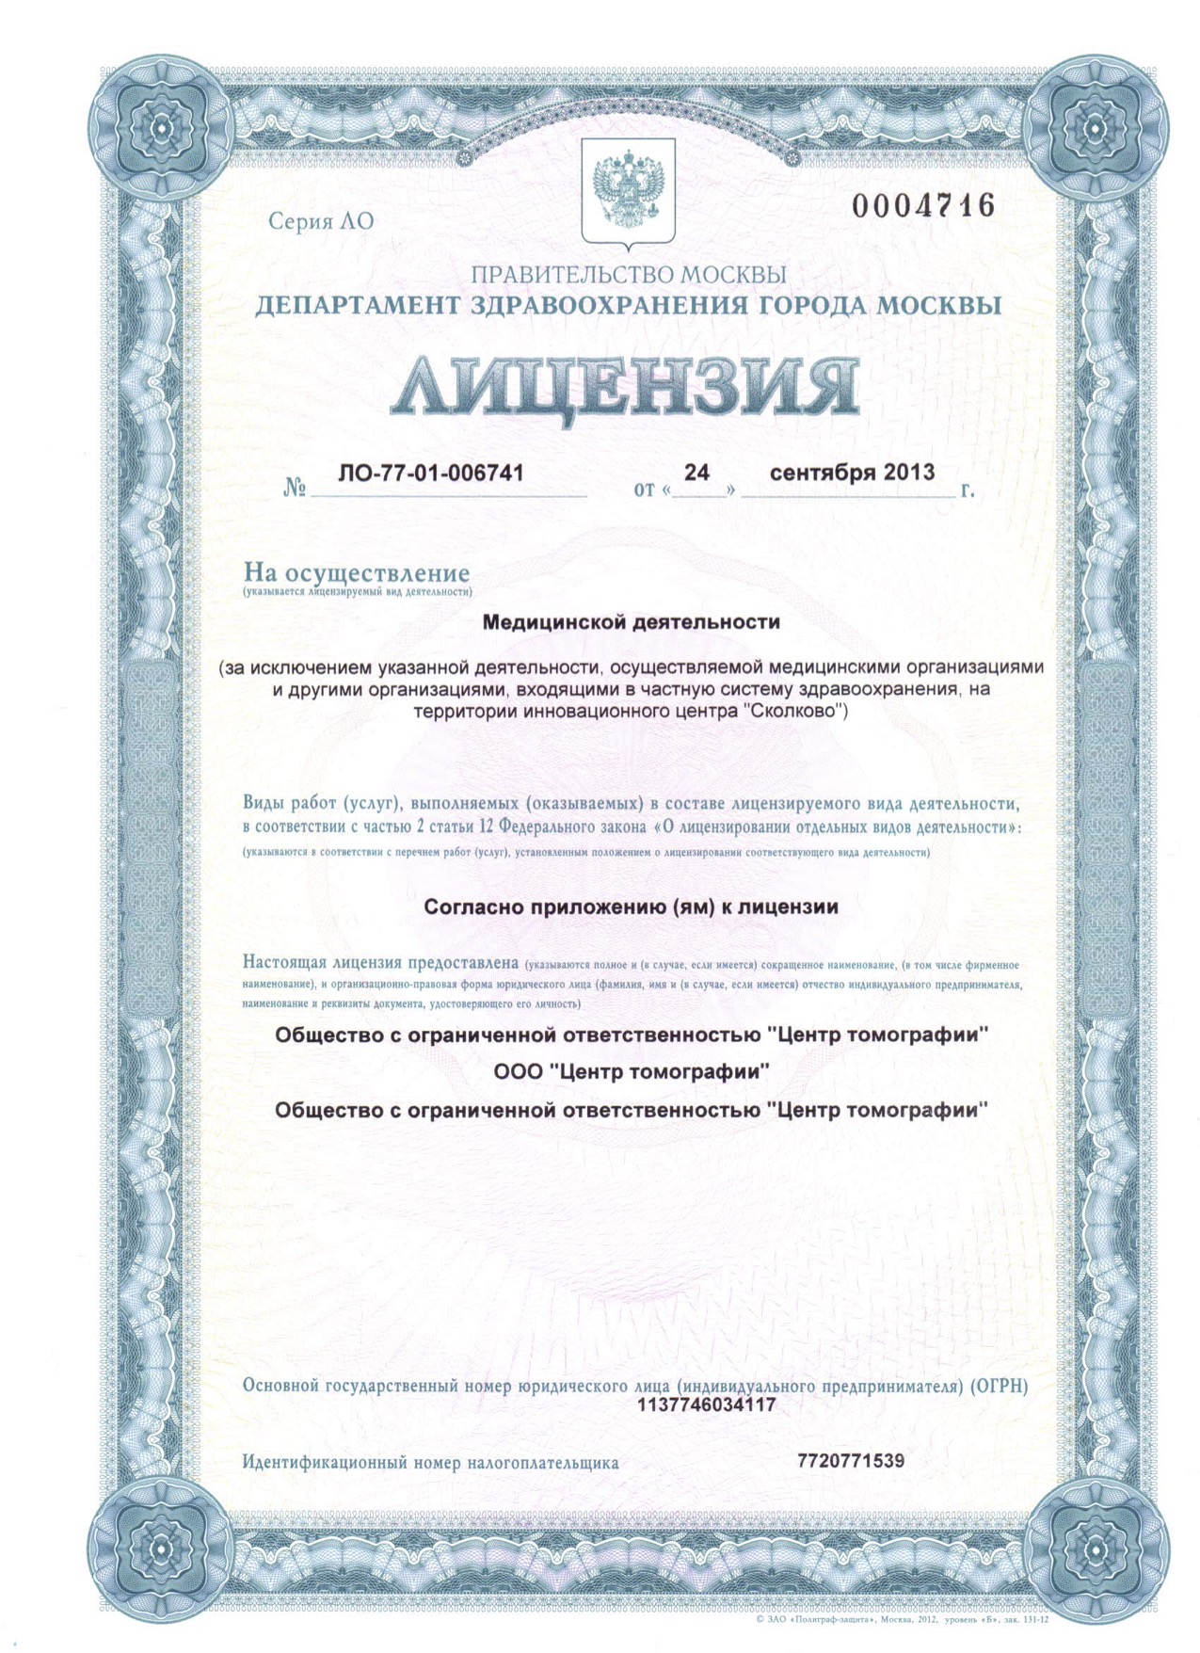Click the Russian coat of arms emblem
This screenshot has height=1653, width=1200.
pos(628,191)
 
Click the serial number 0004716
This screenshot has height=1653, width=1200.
pos(922,205)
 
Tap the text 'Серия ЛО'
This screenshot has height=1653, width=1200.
pos(321,221)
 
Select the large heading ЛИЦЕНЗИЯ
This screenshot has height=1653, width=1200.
pos(625,386)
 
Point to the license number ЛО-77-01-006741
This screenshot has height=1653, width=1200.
pos(430,473)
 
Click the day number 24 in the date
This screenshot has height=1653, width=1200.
pos(696,473)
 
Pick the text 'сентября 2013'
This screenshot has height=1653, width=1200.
pos(852,473)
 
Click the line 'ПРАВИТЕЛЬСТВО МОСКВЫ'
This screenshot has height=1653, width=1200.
pos(628,275)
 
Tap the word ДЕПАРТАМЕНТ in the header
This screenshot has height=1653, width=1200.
pos(358,306)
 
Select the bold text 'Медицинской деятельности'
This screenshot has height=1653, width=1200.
pos(631,622)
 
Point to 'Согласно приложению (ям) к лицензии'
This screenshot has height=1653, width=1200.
pos(631,907)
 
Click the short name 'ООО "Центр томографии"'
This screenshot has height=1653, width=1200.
pos(631,1071)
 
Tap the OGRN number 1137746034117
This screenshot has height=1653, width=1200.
pos(707,1405)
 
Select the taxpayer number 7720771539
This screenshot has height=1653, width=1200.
pos(850,1461)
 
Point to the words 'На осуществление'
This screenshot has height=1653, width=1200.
pos(357,572)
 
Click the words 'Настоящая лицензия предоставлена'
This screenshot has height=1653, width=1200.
pos(380,963)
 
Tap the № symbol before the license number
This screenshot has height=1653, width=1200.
pos(296,489)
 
